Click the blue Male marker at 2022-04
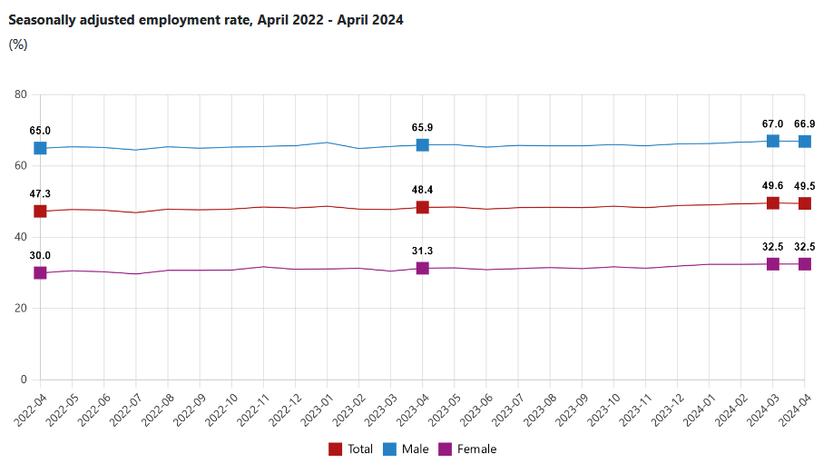[40, 148]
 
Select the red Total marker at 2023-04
[422, 207]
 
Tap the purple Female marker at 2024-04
[805, 264]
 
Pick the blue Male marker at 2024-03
[773, 141]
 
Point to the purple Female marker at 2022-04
[40, 273]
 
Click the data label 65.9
[422, 127]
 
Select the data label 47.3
[40, 194]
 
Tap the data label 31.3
[422, 251]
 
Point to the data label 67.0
[773, 123]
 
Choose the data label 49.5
[805, 186]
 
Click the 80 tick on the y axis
[21, 94]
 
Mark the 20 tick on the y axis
[21, 309]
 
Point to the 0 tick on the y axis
[24, 379]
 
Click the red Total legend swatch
[335, 449]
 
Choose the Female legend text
[477, 449]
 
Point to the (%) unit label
[18, 44]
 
